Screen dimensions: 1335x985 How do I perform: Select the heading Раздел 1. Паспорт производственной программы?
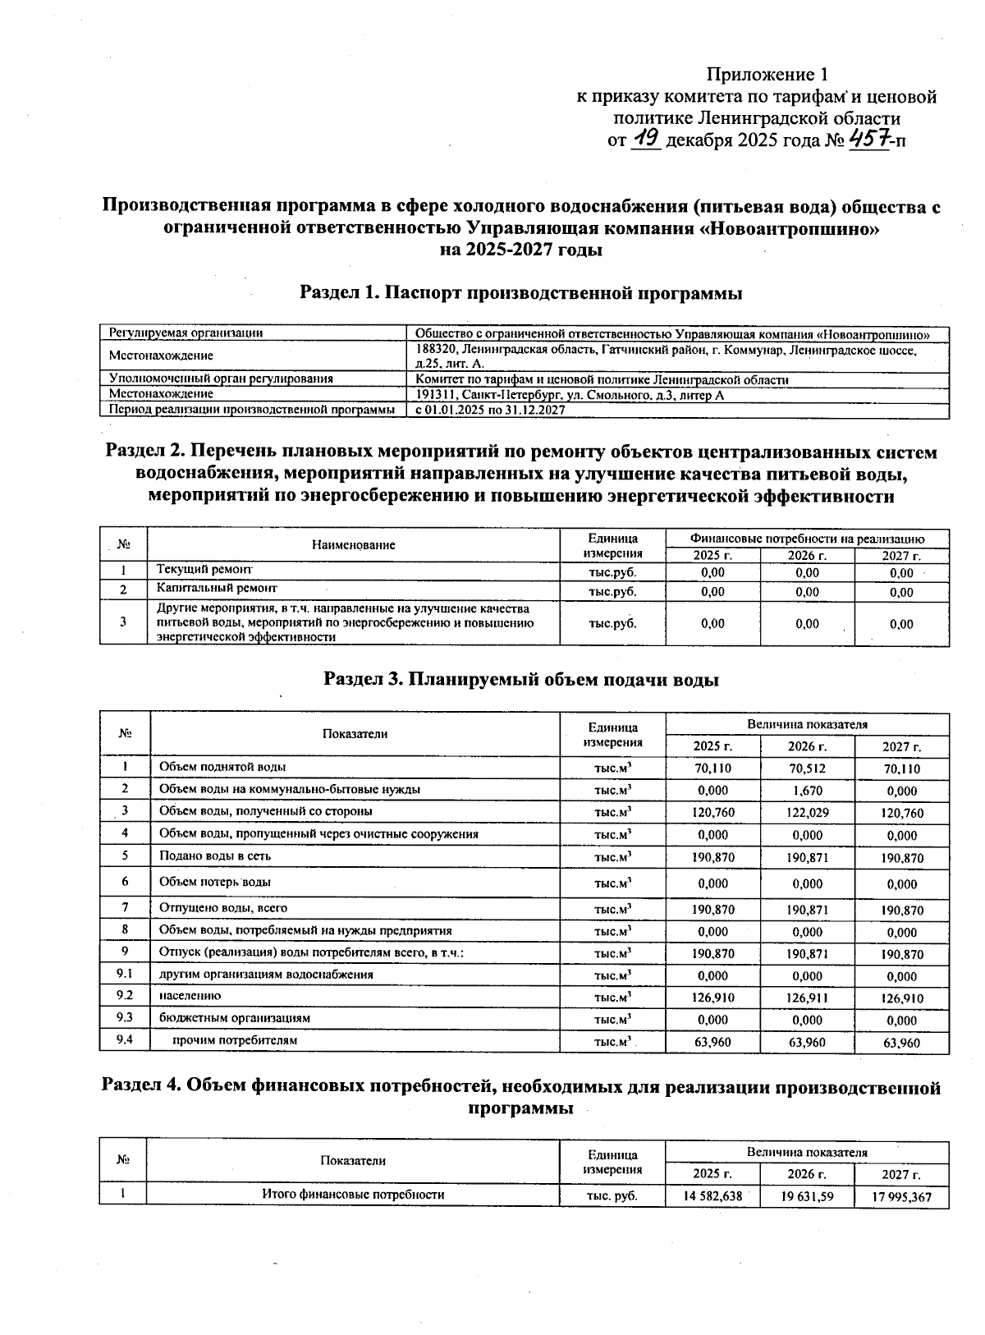[520, 293]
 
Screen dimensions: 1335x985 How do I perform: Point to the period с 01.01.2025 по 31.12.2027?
[490, 410]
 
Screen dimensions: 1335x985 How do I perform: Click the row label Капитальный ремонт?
[217, 589]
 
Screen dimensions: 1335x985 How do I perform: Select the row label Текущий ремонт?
[204, 569]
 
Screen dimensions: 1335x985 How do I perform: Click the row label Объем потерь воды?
[215, 882]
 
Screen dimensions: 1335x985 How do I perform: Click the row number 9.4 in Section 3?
[125, 1040]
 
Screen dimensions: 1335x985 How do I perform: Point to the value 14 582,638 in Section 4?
[712, 1196]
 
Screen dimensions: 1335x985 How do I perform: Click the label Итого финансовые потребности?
[353, 1195]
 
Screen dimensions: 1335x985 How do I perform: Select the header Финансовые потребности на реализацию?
[807, 539]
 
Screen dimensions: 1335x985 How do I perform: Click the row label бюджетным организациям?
[235, 1018]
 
